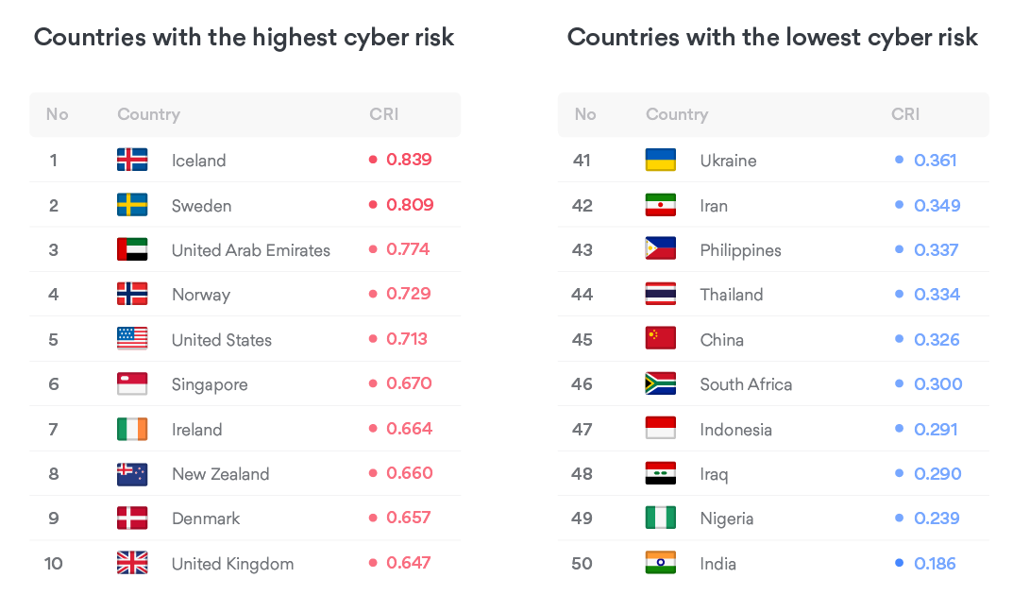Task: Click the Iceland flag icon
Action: coord(132,160)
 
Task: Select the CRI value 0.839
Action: coord(409,160)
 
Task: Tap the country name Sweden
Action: coord(201,205)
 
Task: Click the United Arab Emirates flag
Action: coord(132,249)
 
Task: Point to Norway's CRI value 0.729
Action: coord(408,294)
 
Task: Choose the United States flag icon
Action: coord(132,339)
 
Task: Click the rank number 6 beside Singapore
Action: coord(54,384)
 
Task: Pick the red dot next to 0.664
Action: coord(373,429)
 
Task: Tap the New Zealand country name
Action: coord(220,474)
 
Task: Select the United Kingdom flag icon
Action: coord(132,564)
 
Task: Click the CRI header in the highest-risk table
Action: coord(384,114)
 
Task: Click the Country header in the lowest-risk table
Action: coord(677,114)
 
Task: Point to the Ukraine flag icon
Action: coord(661,160)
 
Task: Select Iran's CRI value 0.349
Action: coord(937,205)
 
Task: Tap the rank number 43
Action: coord(582,249)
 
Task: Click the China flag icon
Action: coord(661,339)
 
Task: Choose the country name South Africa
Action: coord(746,384)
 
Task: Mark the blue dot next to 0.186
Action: coord(900,564)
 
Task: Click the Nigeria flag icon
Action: coord(661,518)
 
